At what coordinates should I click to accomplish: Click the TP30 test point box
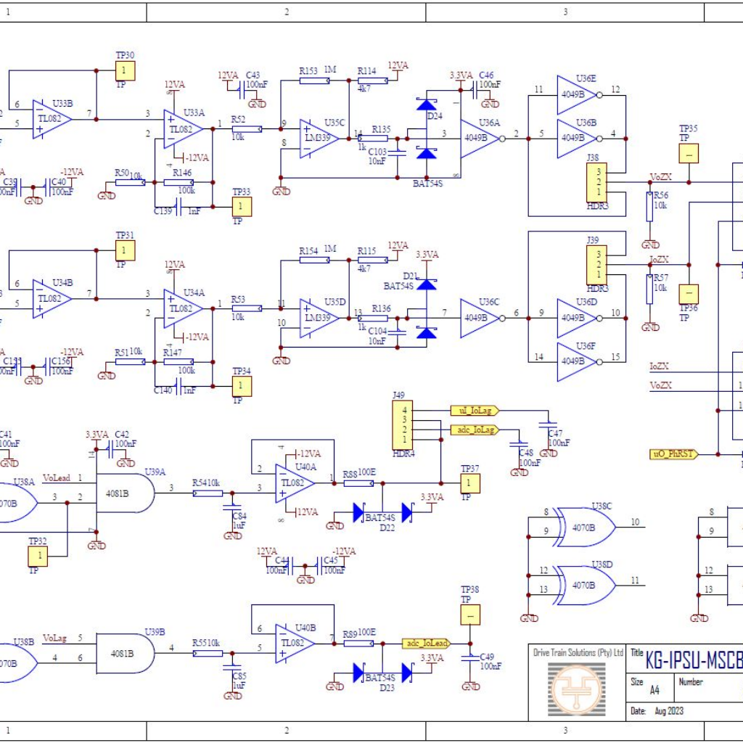pos(125,70)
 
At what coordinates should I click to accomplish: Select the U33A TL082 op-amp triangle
pos(182,129)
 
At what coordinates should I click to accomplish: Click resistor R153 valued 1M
pos(314,81)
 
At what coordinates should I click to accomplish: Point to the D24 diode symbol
pos(427,104)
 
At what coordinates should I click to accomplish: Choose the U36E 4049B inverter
pos(576,94)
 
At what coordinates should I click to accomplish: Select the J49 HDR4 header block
pos(399,426)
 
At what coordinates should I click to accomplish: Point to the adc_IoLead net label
pos(426,643)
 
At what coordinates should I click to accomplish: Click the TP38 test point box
pos(469,615)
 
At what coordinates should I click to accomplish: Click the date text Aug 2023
pos(668,710)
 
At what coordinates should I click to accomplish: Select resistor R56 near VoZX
pos(650,206)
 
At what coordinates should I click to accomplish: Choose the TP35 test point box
pos(688,154)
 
